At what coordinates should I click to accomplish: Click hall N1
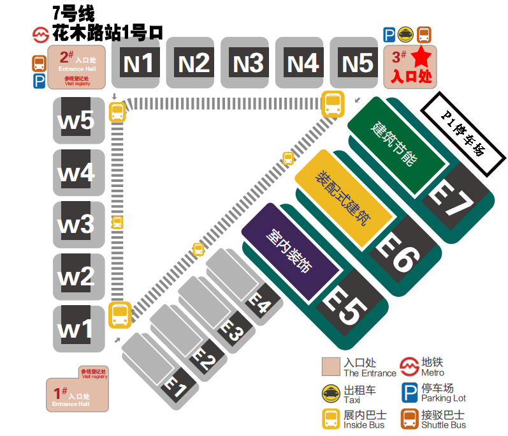tap(138, 63)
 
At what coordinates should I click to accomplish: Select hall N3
tap(248, 63)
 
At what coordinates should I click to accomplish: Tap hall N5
tap(358, 63)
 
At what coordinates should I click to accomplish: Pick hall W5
tap(77, 120)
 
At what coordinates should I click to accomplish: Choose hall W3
tap(77, 224)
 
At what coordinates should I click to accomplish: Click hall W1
tap(77, 328)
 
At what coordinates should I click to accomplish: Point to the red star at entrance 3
tap(421, 58)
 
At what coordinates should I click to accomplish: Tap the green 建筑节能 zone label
tap(395, 144)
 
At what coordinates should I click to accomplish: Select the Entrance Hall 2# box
tap(78, 66)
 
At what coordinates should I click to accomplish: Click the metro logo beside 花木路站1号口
tap(41, 34)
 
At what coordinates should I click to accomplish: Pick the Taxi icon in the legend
tap(331, 393)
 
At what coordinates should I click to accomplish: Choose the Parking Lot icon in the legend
tap(409, 393)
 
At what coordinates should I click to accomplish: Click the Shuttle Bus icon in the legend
tap(409, 419)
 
